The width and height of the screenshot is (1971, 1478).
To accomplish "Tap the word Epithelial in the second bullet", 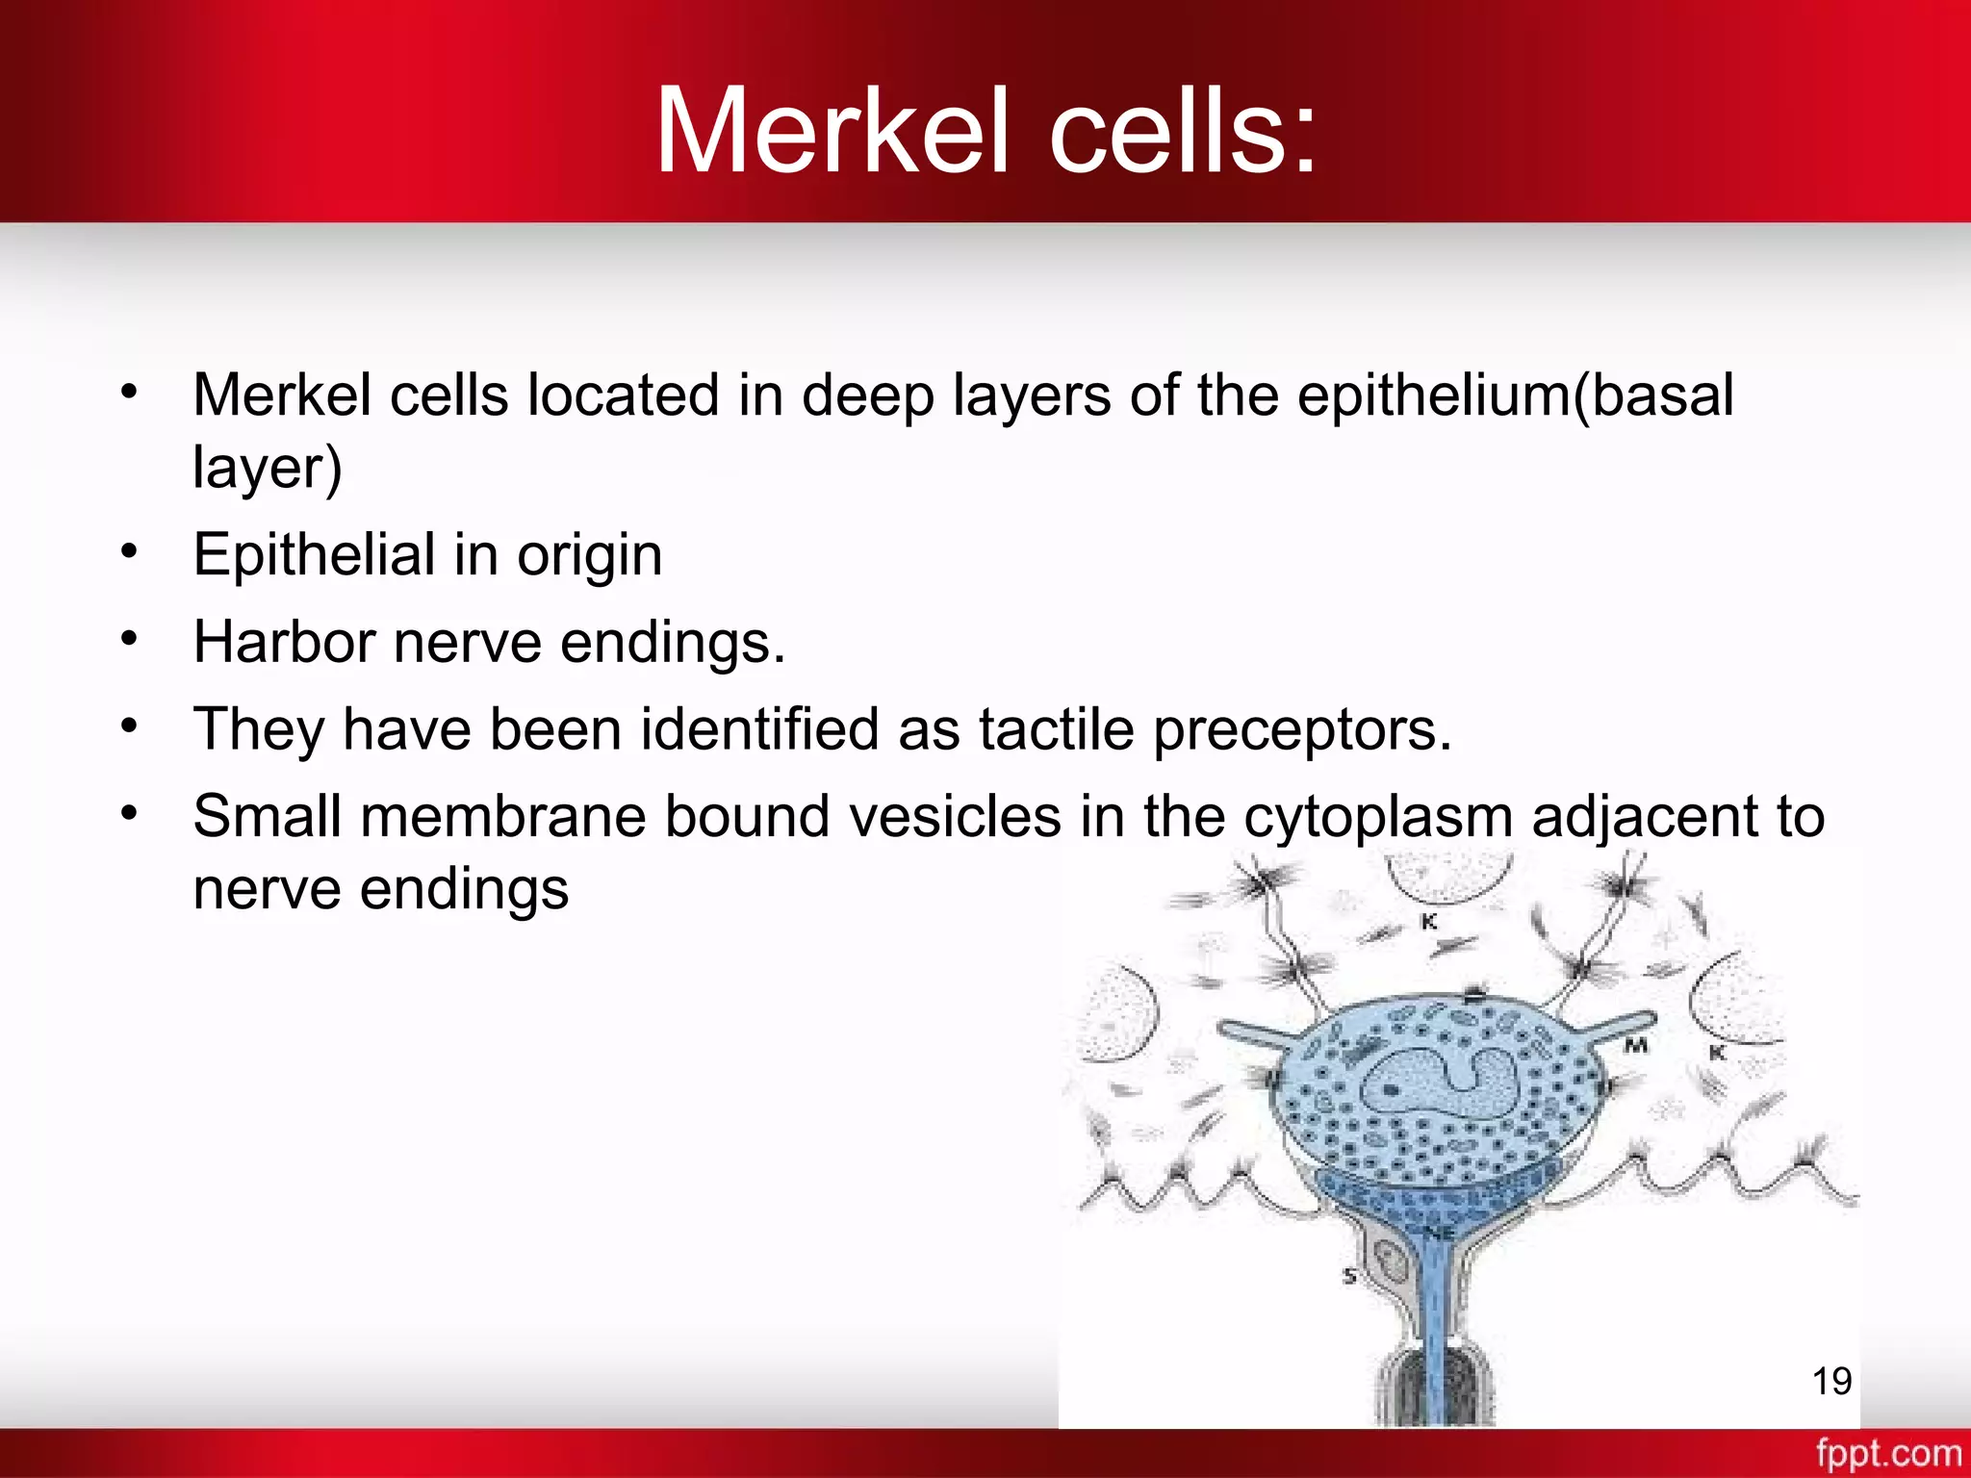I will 314,555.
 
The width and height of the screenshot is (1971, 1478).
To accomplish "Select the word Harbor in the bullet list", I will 284,642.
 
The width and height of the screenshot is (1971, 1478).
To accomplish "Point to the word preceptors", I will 1301,730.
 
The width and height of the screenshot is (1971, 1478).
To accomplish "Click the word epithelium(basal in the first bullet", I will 1515,396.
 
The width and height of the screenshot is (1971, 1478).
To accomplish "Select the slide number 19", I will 1831,1381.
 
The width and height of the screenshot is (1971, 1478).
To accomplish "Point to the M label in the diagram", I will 1636,1045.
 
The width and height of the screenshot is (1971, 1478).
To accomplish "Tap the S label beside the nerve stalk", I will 1349,1277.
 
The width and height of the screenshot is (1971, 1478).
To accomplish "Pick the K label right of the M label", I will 1716,1054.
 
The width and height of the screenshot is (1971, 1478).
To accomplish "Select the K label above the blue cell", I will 1429,922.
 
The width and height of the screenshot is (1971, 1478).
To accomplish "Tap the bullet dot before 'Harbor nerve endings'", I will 130,638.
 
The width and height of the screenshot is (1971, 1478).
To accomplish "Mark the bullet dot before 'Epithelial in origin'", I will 130,551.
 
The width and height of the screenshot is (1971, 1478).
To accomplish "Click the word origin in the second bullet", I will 589,555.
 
